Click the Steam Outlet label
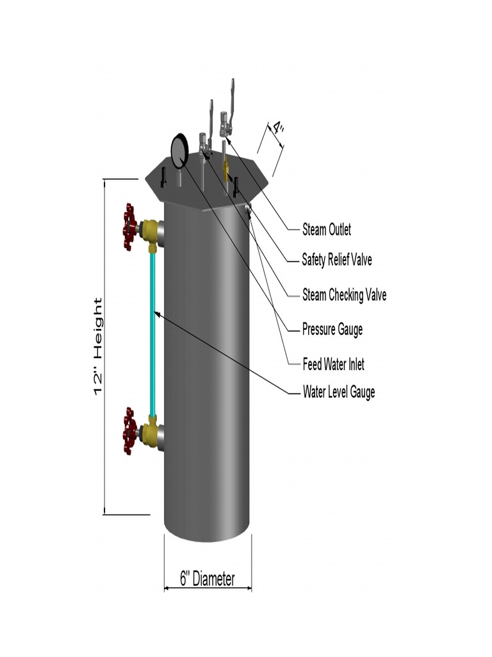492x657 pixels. tap(327, 230)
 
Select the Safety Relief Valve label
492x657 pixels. tap(337, 260)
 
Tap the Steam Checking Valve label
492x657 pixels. tap(344, 295)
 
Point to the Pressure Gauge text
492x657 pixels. tap(332, 330)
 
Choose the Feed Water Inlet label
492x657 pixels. tap(334, 364)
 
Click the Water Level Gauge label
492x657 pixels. tap(339, 392)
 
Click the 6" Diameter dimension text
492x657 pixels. tap(208, 579)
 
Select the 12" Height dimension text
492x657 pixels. tap(98, 346)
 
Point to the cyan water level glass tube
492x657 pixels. tap(153, 334)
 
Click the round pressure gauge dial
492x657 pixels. tap(179, 149)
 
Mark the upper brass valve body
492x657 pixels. tap(151, 232)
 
